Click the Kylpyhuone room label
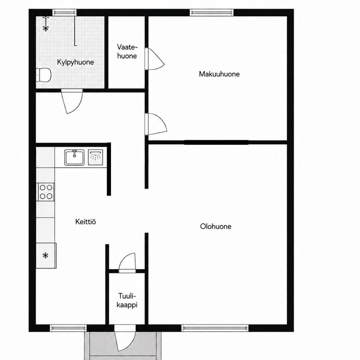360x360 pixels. point(75,62)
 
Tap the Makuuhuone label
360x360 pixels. point(219,74)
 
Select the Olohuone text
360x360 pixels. point(216,226)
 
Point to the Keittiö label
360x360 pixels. point(85,222)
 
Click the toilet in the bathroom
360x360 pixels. point(43,75)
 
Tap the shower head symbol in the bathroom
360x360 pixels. point(45,24)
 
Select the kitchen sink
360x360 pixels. point(74,157)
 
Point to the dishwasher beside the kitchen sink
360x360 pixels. point(95,157)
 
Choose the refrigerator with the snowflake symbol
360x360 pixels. point(46,256)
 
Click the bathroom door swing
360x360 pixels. point(72,102)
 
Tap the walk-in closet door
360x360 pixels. point(154,59)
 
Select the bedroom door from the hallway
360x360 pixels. point(156,124)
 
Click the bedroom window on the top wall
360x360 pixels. point(211,13)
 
